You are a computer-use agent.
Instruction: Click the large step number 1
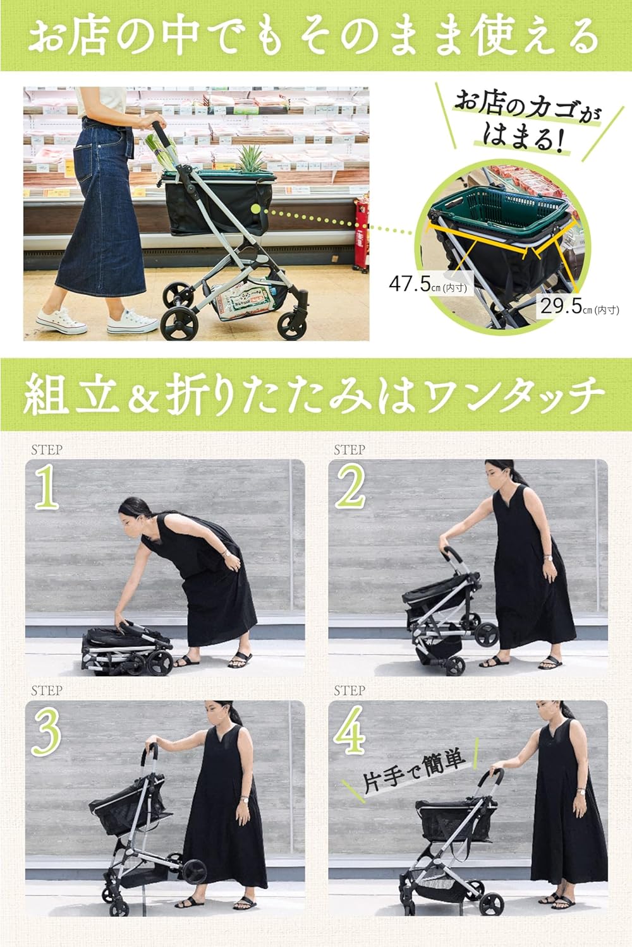pos(46,487)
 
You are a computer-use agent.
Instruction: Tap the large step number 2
pos(351,487)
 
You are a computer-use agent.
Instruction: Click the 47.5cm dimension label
pos(427,284)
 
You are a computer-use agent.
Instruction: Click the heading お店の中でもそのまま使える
pos(314,37)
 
